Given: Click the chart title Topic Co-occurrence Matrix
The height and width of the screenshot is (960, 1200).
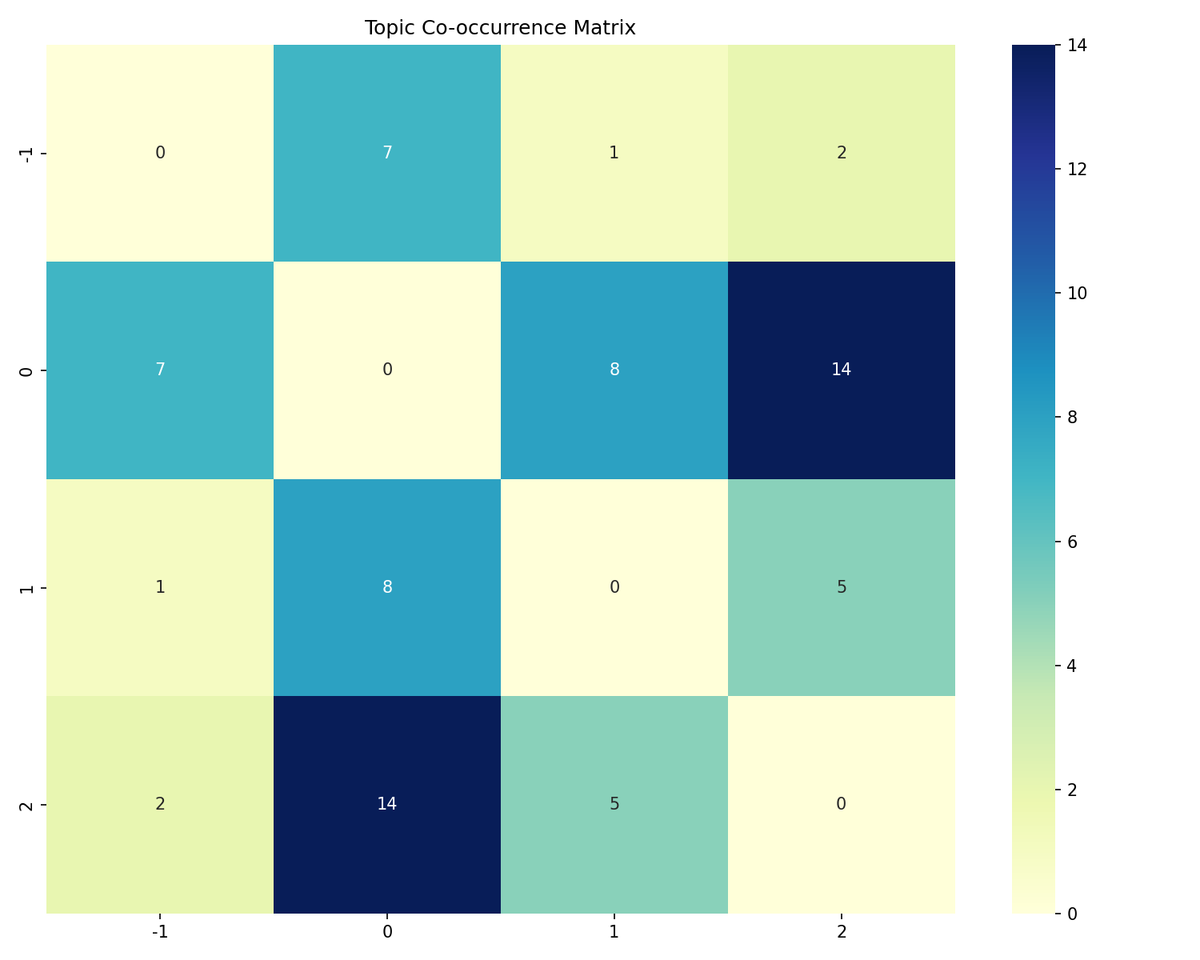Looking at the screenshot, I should (x=500, y=28).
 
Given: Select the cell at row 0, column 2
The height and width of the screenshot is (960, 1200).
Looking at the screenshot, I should (x=841, y=370).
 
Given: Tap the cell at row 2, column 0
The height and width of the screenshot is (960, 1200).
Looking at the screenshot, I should (x=387, y=804).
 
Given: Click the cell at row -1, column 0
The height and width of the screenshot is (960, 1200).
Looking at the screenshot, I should (x=387, y=153).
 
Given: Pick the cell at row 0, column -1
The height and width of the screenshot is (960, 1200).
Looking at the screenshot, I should (x=160, y=370).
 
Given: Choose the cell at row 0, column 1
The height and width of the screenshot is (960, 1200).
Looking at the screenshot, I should (x=614, y=370).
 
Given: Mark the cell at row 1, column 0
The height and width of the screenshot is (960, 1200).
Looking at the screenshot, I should (x=387, y=587).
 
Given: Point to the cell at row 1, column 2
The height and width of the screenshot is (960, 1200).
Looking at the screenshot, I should (x=841, y=587).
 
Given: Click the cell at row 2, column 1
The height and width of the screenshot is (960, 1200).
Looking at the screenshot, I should (x=614, y=804).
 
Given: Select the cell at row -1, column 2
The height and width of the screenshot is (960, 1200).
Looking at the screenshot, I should (x=841, y=153).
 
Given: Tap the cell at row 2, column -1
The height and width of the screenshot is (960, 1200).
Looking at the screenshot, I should (x=160, y=804).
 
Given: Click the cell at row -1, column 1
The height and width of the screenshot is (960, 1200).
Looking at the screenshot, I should (x=614, y=153).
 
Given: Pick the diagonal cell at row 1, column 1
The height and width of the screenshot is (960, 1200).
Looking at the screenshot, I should (x=614, y=587).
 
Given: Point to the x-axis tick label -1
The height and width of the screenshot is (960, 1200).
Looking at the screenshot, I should (x=160, y=932).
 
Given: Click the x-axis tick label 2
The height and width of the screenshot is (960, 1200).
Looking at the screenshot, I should (x=841, y=932).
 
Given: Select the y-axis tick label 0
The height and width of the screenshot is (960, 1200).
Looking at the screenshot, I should (x=26, y=370).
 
